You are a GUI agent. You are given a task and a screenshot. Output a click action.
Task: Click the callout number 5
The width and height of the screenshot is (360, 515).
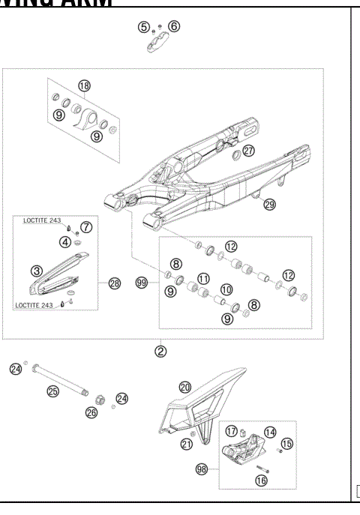point(143,27)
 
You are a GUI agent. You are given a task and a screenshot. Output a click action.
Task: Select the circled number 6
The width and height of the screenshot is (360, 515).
point(174,27)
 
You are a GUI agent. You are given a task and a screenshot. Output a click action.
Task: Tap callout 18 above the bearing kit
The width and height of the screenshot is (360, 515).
point(84,86)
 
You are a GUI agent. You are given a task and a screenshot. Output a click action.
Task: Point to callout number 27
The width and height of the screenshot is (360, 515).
point(248,150)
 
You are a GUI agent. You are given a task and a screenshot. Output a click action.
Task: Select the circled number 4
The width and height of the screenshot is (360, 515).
point(66,241)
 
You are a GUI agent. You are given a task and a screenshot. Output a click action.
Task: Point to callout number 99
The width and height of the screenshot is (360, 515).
point(140,283)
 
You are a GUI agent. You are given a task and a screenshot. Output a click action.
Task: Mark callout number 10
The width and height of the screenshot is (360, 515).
point(224,289)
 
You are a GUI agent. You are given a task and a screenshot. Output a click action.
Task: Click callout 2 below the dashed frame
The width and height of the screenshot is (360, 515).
point(161,350)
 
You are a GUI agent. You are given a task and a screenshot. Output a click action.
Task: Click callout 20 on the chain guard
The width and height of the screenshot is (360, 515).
point(185,387)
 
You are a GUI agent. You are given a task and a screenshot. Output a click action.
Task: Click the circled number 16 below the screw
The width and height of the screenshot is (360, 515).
point(261,481)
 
